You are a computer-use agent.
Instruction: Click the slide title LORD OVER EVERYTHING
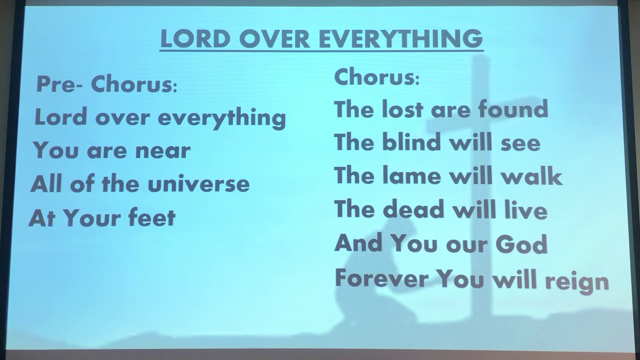tap(321, 39)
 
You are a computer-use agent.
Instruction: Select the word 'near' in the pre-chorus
tap(164, 151)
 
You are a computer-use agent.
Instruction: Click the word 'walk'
tap(535, 176)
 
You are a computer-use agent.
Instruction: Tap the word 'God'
tap(521, 244)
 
